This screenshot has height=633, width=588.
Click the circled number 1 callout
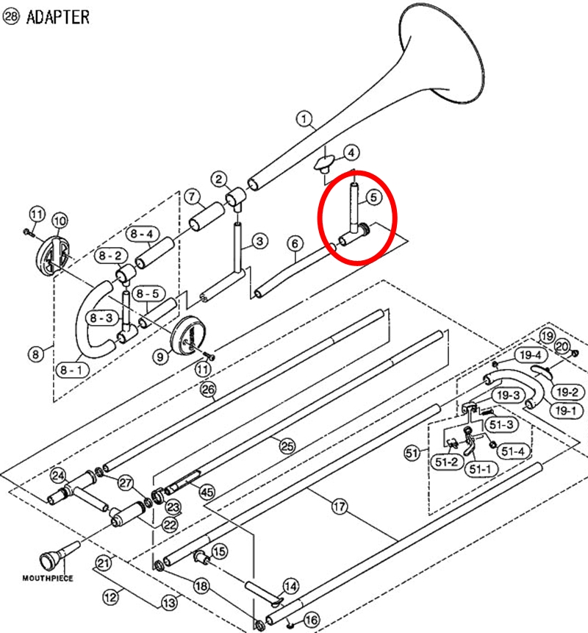pyautogui.click(x=305, y=118)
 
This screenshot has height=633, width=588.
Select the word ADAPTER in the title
pyautogui.click(x=58, y=16)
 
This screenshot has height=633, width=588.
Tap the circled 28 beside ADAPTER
pyautogui.click(x=12, y=17)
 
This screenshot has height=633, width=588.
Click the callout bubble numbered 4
pyautogui.click(x=352, y=153)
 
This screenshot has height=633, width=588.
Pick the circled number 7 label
pyautogui.click(x=191, y=196)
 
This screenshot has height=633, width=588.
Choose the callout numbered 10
pyautogui.click(x=59, y=219)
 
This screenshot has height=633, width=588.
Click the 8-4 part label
pyautogui.click(x=142, y=235)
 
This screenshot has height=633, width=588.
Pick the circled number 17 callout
pyautogui.click(x=339, y=506)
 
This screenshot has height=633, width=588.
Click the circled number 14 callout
pyautogui.click(x=291, y=586)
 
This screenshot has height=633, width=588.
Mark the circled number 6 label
pyautogui.click(x=295, y=243)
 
